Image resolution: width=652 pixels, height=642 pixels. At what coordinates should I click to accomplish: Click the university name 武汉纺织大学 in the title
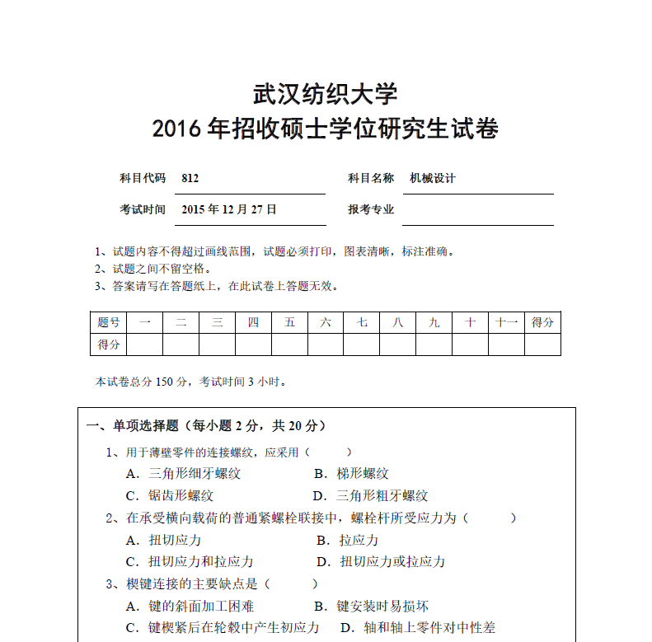(325, 93)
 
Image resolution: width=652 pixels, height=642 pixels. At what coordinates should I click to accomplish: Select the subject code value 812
(190, 178)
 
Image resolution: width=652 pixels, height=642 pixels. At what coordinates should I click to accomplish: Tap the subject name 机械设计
(433, 178)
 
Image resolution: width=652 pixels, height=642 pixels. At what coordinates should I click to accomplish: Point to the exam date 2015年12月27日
(229, 209)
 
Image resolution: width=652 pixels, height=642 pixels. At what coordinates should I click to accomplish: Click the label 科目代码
(143, 178)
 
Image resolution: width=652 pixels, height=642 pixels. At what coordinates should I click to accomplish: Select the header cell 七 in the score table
(361, 322)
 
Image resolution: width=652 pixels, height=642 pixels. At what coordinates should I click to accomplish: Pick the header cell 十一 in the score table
(506, 322)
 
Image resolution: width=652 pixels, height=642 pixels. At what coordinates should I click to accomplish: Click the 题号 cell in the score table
(108, 322)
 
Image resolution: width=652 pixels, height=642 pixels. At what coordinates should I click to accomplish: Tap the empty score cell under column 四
(253, 344)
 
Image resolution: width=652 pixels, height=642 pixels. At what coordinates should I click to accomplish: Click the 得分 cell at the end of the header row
(542, 322)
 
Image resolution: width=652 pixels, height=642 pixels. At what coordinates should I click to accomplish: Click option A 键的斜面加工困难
(190, 607)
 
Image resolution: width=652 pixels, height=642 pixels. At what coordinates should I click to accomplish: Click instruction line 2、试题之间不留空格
(152, 269)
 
